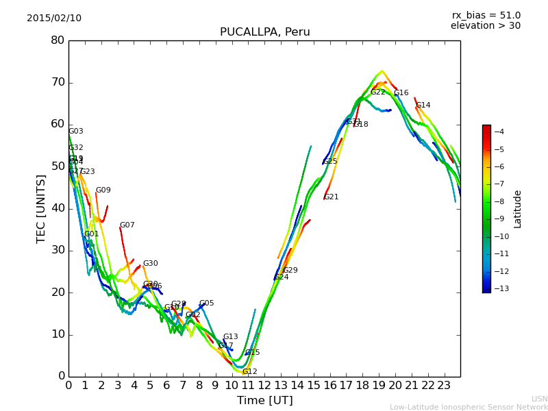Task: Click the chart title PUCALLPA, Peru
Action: point(264,32)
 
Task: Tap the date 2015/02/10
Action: point(54,18)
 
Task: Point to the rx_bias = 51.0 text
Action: point(486,16)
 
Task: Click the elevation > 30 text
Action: point(485,26)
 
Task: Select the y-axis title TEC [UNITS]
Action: point(41,208)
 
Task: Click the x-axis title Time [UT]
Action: point(264,401)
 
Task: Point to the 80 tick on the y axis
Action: point(58,40)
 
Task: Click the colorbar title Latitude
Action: point(518,209)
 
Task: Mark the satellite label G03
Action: point(75,132)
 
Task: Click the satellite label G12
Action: point(250,372)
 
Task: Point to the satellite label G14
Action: point(423,105)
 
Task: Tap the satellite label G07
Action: point(127,225)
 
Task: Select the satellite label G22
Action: point(378,92)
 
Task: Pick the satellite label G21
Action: point(332,197)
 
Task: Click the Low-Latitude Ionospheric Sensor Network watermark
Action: point(469,407)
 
